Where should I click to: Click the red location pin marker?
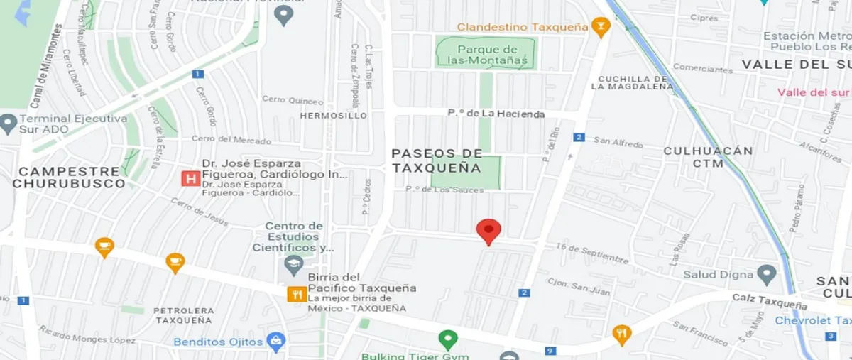488,231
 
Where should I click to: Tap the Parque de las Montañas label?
486,55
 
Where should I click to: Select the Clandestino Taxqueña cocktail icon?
601,27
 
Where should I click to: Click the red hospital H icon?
190,178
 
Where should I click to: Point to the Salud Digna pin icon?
766,274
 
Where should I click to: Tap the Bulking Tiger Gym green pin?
447,340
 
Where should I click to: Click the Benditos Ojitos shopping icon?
275,342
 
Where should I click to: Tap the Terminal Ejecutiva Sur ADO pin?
8,124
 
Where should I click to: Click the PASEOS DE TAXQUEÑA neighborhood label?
437,161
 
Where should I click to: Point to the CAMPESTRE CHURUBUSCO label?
68,178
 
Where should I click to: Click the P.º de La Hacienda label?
496,114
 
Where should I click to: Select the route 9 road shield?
550,351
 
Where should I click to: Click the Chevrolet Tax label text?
812,321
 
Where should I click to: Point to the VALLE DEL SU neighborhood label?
795,65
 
